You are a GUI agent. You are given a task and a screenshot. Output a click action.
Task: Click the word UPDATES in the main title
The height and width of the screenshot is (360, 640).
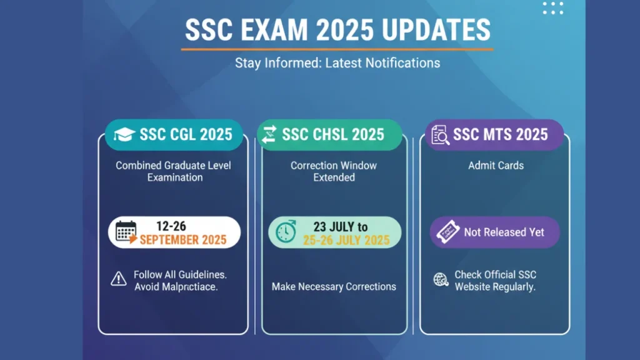436,30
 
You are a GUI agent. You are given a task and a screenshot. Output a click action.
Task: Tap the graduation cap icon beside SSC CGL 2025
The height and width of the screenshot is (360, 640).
124,134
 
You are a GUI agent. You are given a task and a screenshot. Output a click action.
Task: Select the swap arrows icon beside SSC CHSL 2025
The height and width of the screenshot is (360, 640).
269,135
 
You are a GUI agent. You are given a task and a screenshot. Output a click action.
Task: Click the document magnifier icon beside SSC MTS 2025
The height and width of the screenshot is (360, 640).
440,135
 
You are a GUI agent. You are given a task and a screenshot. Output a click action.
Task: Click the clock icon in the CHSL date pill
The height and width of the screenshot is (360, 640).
286,232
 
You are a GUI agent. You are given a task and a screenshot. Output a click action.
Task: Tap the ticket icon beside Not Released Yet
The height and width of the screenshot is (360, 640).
447,232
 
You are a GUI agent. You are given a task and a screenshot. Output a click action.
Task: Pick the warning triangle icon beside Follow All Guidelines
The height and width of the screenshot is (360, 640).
119,279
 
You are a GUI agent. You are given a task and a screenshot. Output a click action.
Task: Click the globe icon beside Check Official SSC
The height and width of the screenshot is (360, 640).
441,279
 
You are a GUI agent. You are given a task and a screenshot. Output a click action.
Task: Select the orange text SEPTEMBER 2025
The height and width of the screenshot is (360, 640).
183,240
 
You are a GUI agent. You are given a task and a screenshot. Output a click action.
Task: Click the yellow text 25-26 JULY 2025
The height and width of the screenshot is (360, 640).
346,241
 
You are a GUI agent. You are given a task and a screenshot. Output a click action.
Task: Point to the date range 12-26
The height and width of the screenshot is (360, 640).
171,226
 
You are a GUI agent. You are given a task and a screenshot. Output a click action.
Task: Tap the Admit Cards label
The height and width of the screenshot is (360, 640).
496,166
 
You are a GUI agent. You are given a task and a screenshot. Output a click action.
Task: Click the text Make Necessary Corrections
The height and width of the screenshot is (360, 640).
334,286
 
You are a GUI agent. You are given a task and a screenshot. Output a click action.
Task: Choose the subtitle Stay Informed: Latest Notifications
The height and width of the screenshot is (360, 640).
337,63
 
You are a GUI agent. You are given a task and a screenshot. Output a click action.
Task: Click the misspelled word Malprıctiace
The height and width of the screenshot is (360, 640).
190,287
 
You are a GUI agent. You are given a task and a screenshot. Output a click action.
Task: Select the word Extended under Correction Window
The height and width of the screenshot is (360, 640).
334,177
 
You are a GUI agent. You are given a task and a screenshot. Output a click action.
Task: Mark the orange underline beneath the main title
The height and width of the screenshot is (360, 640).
337,49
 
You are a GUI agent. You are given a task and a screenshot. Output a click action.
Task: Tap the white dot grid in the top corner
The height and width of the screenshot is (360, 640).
553,7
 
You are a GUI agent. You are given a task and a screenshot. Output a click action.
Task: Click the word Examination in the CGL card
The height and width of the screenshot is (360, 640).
175,177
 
